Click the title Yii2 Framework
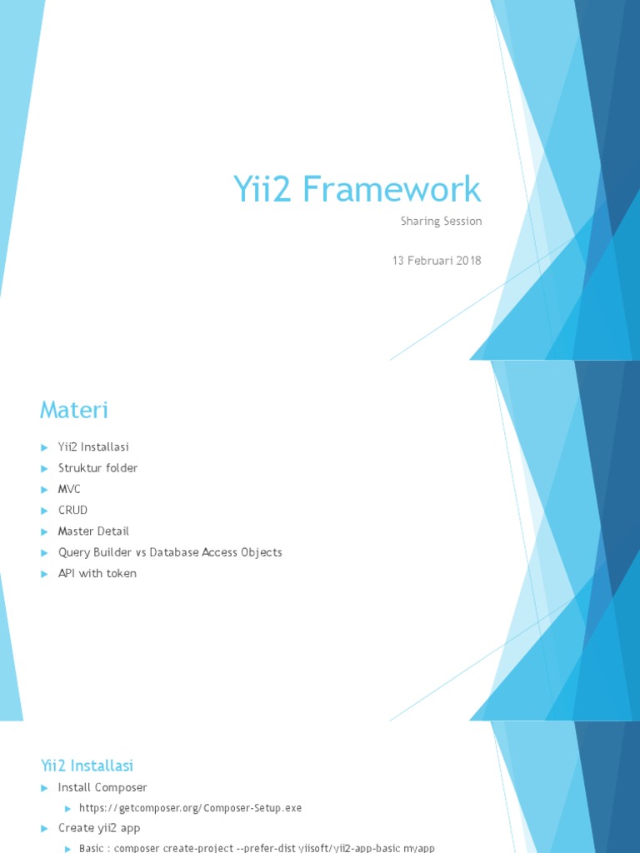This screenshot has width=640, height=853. coord(357,190)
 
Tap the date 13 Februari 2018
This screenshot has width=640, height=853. coord(437,261)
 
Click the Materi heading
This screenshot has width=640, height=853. coord(74,410)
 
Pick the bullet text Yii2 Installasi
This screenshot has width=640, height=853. coord(93,447)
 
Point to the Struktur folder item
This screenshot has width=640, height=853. coord(97,468)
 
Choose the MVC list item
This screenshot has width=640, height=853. coord(69,489)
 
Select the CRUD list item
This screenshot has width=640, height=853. coord(72,510)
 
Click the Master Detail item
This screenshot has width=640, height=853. coord(93,531)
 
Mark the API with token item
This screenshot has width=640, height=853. coord(97,573)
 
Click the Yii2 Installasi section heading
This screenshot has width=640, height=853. coord(87,766)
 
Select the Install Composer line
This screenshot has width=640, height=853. coord(102,787)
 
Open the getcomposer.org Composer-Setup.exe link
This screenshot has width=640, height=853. coord(190,808)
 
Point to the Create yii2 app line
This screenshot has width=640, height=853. coord(99,828)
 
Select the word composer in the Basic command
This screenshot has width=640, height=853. coord(140,848)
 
